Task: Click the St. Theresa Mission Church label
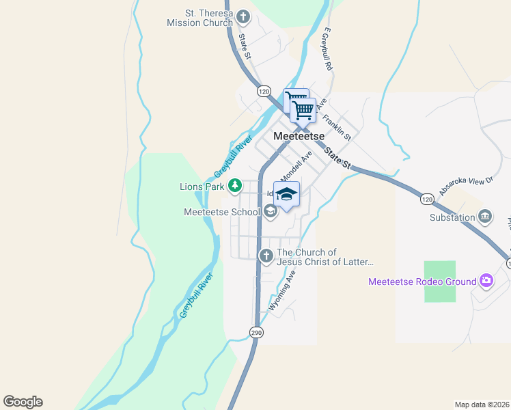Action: point(199,18)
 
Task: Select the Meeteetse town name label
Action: point(299,136)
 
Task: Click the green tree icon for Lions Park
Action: point(235,185)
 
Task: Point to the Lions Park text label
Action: point(202,186)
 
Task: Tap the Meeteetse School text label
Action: point(222,212)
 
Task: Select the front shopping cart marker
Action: point(303,109)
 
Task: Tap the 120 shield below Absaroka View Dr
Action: point(427,199)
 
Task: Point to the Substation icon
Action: point(485,217)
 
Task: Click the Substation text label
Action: point(452,218)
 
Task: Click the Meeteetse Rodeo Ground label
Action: point(422,282)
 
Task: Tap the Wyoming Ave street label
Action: point(283,290)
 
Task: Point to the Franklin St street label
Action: point(337,128)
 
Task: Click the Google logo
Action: point(23,402)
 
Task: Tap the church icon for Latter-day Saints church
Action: point(266,256)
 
